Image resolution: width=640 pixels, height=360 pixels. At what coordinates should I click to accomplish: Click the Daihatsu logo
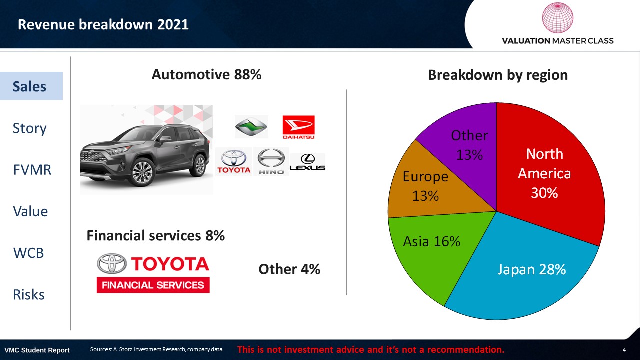tap(298, 127)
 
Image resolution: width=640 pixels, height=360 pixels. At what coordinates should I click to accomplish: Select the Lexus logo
tap(307, 162)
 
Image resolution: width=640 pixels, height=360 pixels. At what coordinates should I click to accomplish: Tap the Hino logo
tap(271, 161)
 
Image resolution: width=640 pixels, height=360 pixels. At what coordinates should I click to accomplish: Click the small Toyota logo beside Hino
tap(234, 162)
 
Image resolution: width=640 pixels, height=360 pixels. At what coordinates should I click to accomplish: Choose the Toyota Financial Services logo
tap(153, 273)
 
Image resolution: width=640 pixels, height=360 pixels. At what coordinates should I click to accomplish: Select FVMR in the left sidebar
tap(32, 170)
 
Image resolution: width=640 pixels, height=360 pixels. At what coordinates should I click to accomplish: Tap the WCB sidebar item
tap(28, 253)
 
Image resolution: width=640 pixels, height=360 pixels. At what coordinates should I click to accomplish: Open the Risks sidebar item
tap(29, 295)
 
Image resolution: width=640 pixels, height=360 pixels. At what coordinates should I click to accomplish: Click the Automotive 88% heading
tap(206, 75)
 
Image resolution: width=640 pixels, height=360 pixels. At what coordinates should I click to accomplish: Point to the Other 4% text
tap(289, 269)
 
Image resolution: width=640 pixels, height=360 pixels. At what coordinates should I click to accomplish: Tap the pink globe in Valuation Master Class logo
tap(557, 18)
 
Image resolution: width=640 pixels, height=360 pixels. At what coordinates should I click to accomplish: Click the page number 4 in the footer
tap(624, 350)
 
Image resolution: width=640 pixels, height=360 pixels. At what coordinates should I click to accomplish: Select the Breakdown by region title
tap(498, 75)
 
